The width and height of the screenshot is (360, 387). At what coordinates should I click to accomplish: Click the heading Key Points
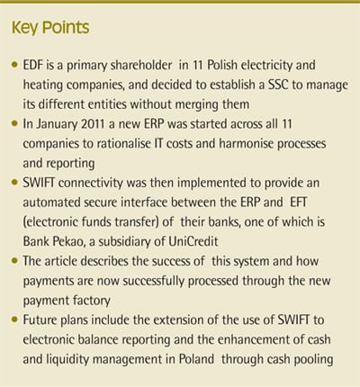(50, 28)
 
